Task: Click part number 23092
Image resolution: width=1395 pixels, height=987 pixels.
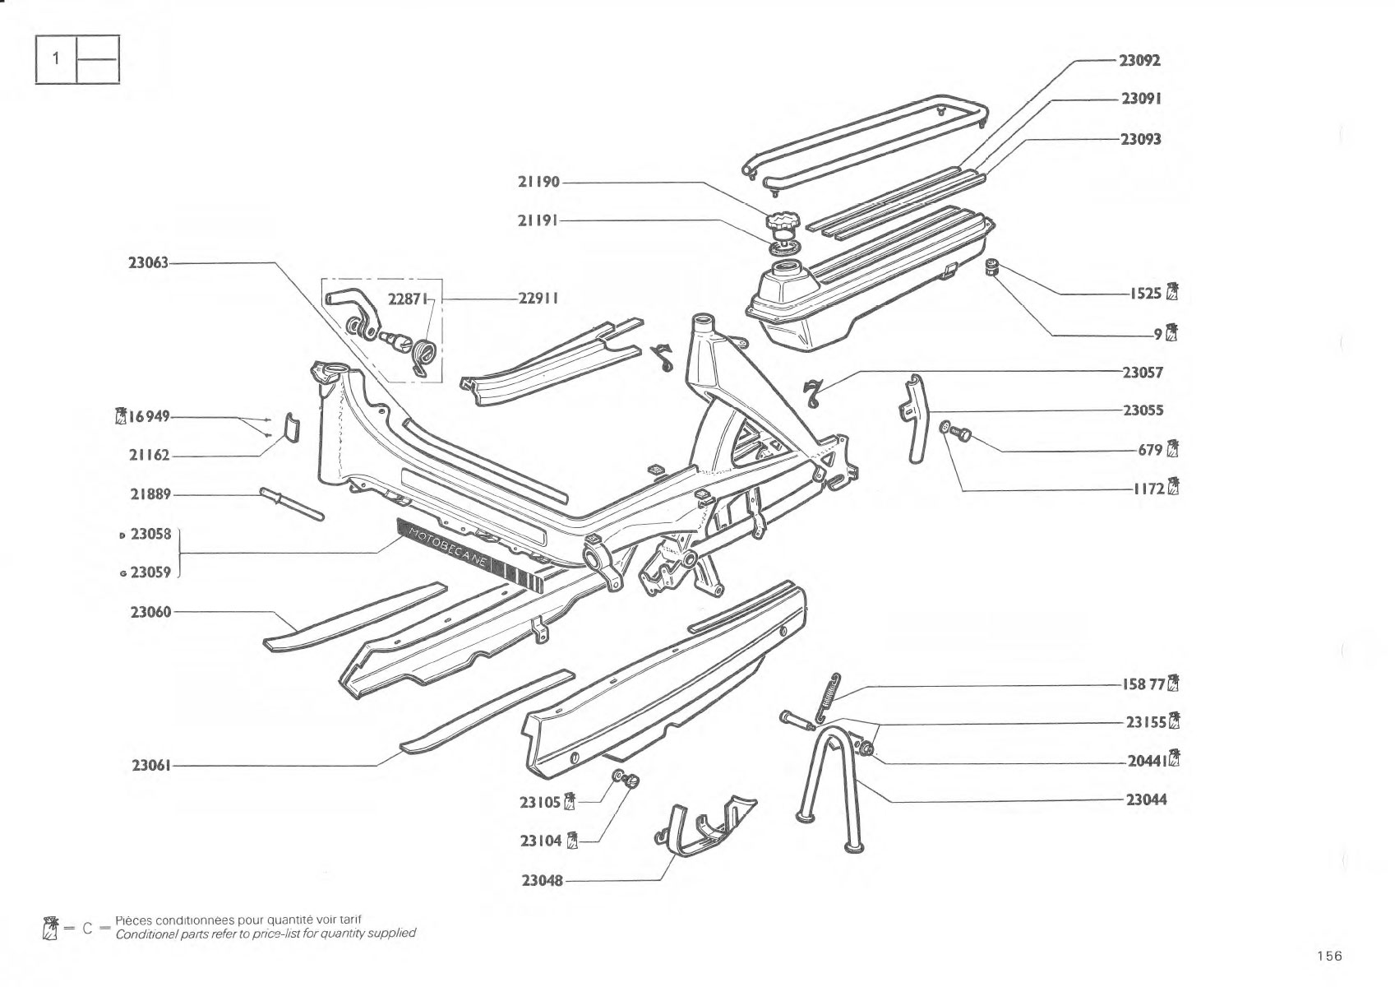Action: tap(1139, 60)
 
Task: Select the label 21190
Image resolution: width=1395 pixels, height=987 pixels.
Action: tap(538, 182)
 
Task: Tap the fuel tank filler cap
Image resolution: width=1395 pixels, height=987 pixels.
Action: tap(781, 221)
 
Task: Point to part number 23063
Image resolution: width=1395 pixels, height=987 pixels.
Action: tap(148, 262)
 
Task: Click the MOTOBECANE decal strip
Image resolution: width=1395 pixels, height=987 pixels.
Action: tap(470, 554)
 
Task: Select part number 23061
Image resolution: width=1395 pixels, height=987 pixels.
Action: tap(150, 765)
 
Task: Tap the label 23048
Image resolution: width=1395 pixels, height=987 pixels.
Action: tap(542, 880)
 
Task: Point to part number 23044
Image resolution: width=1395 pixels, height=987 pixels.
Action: tap(1146, 799)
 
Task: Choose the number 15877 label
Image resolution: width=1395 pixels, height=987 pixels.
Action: tap(1143, 684)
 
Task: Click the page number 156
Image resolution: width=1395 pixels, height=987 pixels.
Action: tap(1330, 956)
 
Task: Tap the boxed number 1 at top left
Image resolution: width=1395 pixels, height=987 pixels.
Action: tap(56, 58)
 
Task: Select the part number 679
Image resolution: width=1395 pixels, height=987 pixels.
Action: tap(1150, 450)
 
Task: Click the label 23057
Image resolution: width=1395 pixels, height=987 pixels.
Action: tap(1143, 373)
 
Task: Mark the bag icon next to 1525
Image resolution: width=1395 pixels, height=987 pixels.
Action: tap(1172, 292)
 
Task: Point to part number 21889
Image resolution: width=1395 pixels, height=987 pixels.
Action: tap(150, 494)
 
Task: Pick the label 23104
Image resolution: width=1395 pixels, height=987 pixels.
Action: tap(541, 841)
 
